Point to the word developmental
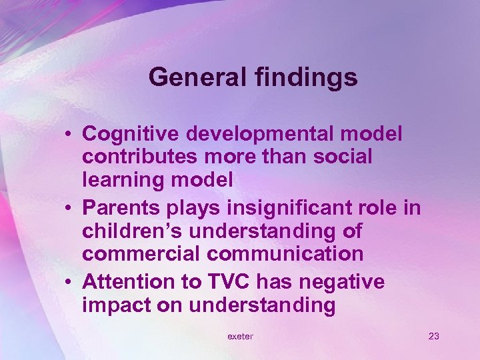click(261, 134)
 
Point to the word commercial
click(133, 254)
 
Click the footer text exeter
click(240, 336)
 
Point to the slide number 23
click(433, 336)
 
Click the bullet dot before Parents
click(70, 208)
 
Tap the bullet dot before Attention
click(70, 282)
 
